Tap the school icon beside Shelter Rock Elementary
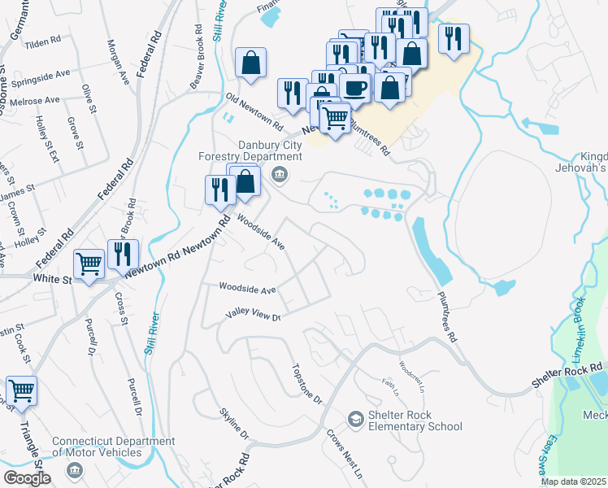click(355, 419)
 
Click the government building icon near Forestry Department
click(280, 173)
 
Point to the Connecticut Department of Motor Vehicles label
click(114, 447)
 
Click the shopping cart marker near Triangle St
click(21, 390)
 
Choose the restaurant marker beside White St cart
click(123, 253)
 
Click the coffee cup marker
click(354, 87)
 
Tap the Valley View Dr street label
click(253, 317)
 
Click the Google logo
click(27, 478)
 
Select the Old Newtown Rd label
click(254, 113)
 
